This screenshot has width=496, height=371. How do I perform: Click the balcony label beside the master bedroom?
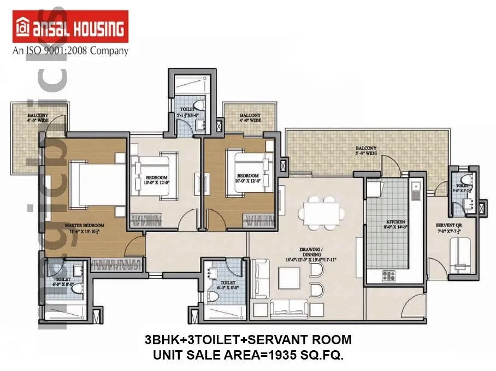coord(38,118)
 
